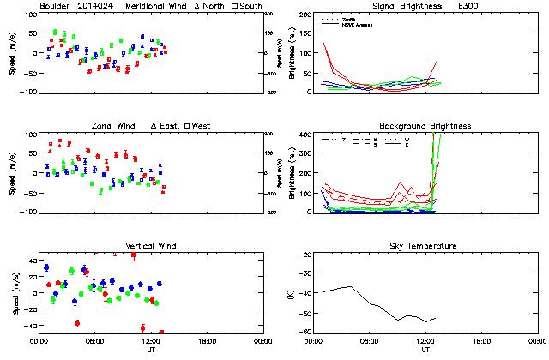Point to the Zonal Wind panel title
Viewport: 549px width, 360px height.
click(104, 126)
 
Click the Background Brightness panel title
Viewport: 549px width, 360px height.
click(425, 126)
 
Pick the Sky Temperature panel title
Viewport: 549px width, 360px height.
click(425, 246)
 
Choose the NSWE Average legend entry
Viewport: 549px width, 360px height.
click(359, 24)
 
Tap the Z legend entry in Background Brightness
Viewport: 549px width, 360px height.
click(343, 139)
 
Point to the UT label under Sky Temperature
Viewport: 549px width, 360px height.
click(425, 351)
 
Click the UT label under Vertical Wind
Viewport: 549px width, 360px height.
click(150, 351)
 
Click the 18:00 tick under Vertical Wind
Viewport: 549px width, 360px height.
click(205, 341)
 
